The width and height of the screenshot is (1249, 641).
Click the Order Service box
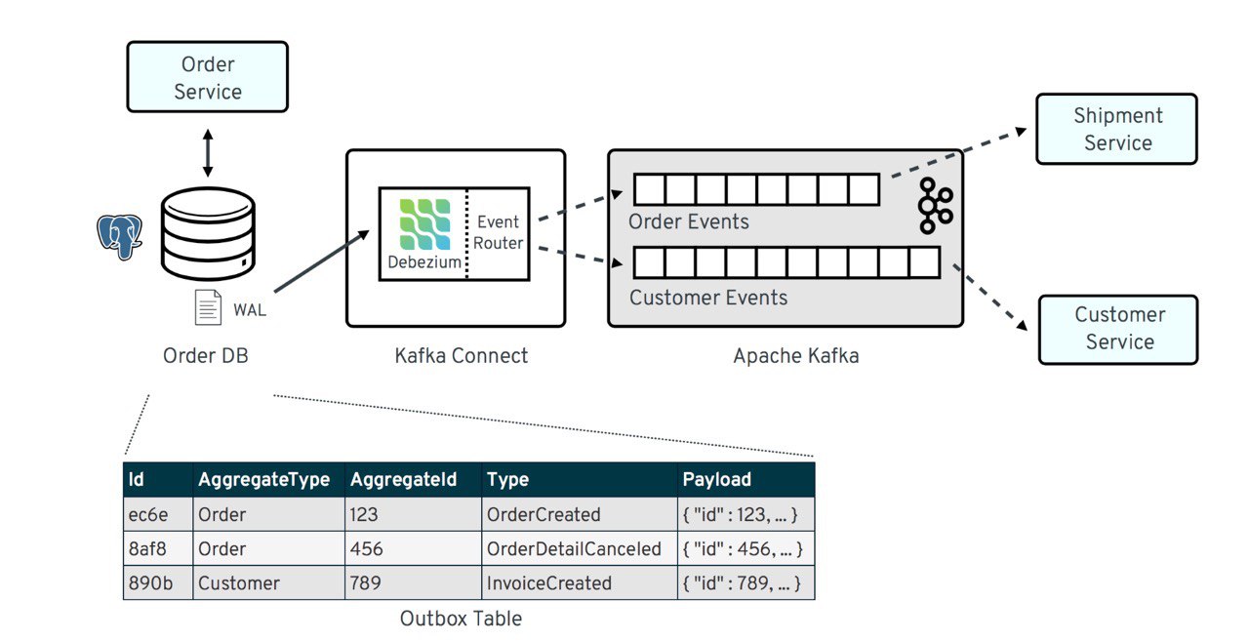(208, 77)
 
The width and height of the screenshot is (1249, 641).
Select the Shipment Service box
(1117, 129)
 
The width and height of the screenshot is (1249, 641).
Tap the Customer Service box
(1118, 330)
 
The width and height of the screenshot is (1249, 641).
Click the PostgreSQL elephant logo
(119, 236)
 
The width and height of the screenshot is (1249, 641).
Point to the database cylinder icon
(208, 233)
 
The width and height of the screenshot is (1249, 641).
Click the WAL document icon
(208, 307)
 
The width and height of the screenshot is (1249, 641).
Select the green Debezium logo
(424, 224)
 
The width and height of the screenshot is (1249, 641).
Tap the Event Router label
(498, 232)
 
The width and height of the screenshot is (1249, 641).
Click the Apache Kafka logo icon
(935, 205)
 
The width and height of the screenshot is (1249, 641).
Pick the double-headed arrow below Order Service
(208, 153)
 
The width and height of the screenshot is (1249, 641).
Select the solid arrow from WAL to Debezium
(322, 260)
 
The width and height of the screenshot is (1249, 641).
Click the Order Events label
(689, 221)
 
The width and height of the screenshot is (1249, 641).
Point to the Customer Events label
(708, 298)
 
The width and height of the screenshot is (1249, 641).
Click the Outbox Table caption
(462, 619)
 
